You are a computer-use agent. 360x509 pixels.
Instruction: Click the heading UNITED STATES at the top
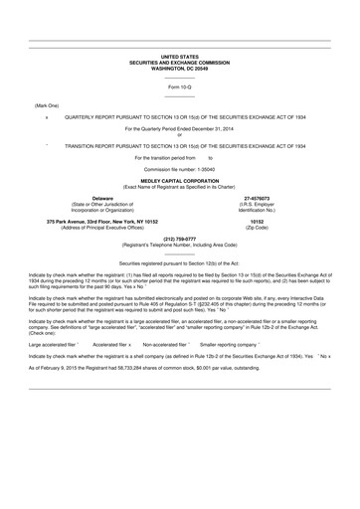179,58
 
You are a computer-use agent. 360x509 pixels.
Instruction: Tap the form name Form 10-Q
179,88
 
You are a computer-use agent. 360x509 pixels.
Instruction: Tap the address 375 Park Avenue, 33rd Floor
86,221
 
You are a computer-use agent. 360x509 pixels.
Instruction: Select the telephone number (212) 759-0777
179,239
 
